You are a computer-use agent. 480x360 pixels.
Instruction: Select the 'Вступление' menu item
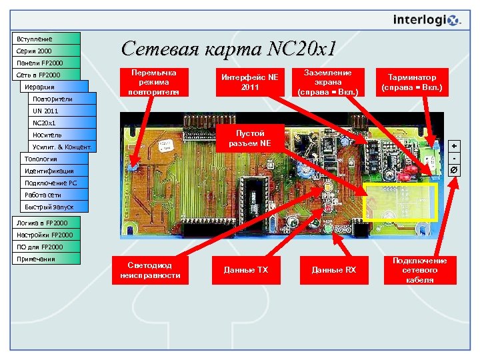point(46,39)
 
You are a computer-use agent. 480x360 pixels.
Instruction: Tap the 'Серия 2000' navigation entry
point(46,51)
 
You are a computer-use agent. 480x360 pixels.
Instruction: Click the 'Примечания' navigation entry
point(46,259)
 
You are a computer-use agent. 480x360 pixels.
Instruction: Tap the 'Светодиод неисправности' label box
point(146,270)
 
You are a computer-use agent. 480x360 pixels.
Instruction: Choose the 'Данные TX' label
point(246,270)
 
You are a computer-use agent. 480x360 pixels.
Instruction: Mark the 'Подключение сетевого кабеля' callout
point(420,270)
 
